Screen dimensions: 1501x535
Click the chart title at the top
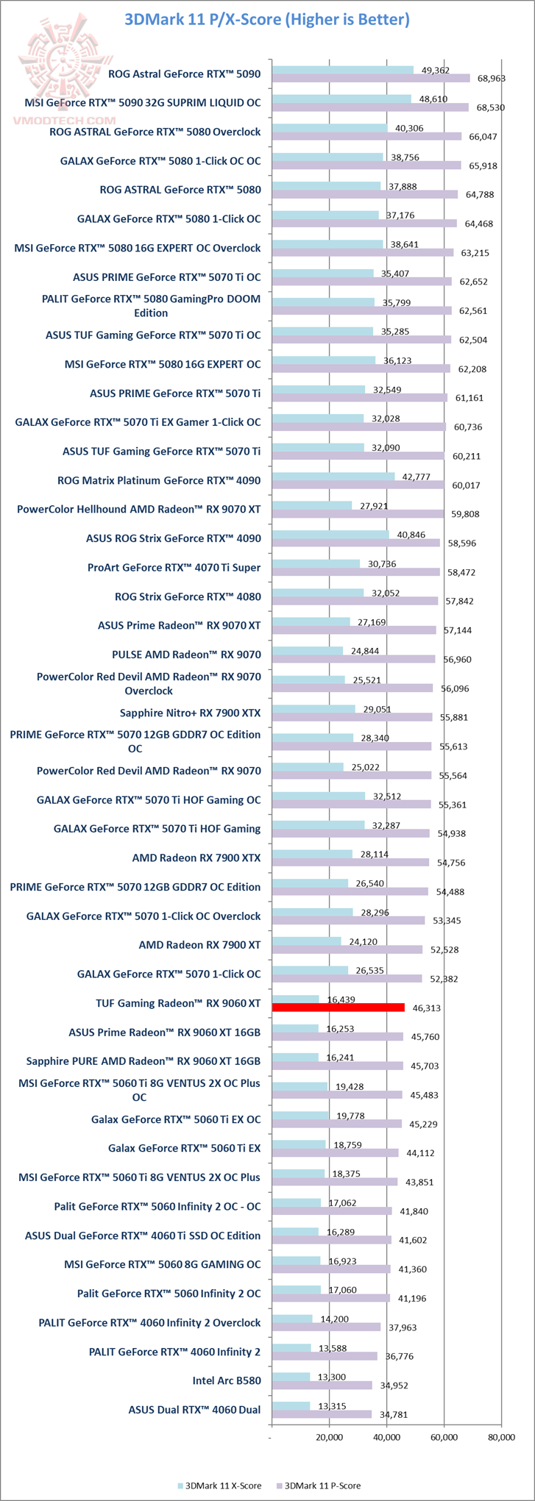pyautogui.click(x=267, y=19)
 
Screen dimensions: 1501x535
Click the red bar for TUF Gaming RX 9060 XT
pyautogui.click(x=338, y=1007)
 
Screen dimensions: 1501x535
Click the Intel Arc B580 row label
pyautogui.click(x=226, y=1380)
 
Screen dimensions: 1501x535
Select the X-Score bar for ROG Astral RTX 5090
pyautogui.click(x=342, y=70)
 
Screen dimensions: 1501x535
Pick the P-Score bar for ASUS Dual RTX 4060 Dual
pyautogui.click(x=322, y=1414)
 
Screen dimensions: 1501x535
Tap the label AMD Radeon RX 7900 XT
pyautogui.click(x=199, y=944)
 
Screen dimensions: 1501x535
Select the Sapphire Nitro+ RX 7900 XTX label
pyautogui.click(x=190, y=713)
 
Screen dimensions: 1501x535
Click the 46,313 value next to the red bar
pyautogui.click(x=427, y=1008)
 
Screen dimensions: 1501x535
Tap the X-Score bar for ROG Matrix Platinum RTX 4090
pyautogui.click(x=333, y=477)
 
